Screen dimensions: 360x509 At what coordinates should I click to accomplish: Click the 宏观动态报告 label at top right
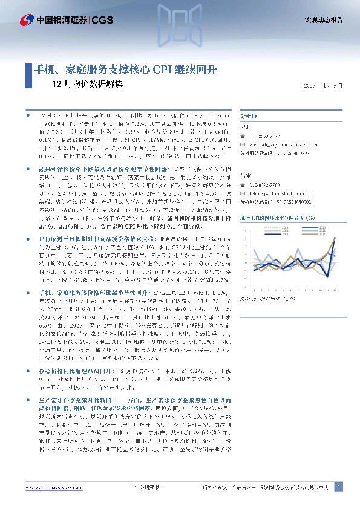click(323, 21)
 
